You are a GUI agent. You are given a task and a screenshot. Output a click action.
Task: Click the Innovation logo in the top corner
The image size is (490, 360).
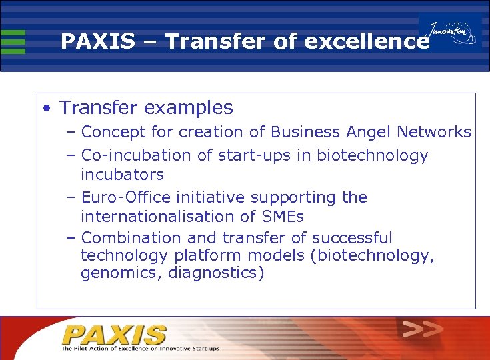[x=452, y=33]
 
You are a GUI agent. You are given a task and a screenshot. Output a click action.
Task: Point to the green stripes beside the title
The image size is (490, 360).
[x=13, y=41]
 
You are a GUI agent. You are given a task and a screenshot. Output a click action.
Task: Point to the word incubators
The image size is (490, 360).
[x=122, y=175]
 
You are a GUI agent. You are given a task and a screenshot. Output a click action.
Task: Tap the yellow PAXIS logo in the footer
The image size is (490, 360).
[x=114, y=335]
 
